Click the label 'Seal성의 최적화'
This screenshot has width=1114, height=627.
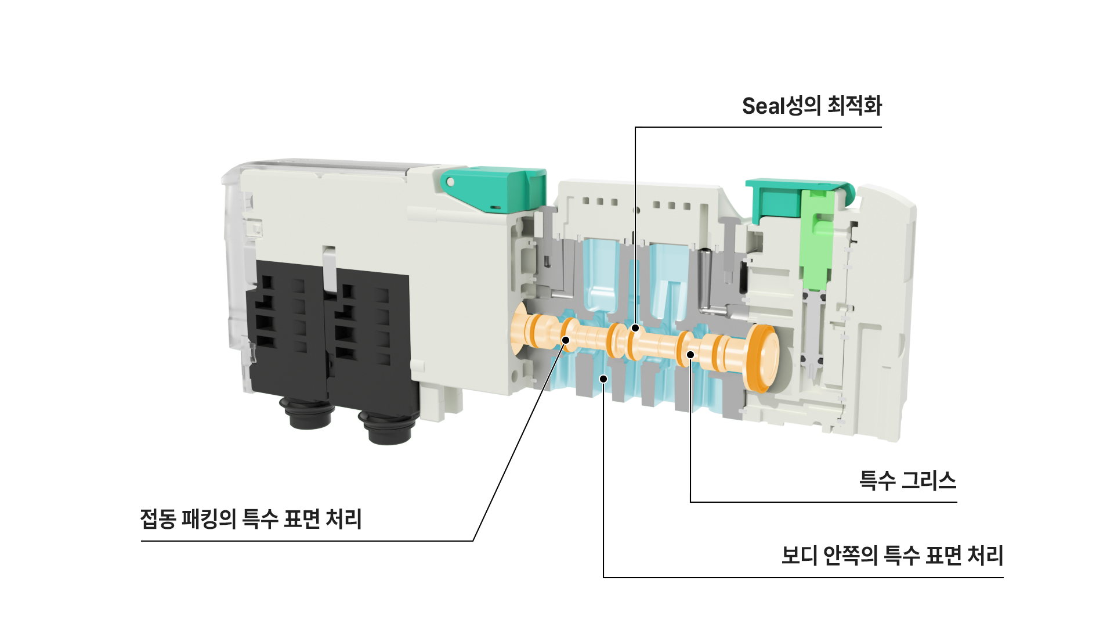pyautogui.click(x=812, y=106)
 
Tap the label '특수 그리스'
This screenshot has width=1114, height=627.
pyautogui.click(x=907, y=481)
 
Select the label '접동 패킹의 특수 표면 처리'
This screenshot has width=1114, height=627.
pyautogui.click(x=251, y=519)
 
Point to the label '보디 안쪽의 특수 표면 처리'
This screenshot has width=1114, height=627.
pyautogui.click(x=892, y=556)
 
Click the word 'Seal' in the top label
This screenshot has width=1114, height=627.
pyautogui.click(x=764, y=106)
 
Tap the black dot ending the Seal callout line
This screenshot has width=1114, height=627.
pyautogui.click(x=635, y=328)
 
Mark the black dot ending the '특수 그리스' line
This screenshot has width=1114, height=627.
pyautogui.click(x=690, y=355)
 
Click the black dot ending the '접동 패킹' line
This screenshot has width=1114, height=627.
pyautogui.click(x=566, y=340)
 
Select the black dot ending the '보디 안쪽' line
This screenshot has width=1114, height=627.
pyautogui.click(x=603, y=379)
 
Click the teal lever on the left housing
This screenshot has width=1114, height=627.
pyautogui.click(x=493, y=189)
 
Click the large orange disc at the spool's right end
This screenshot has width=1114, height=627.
pyautogui.click(x=763, y=358)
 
